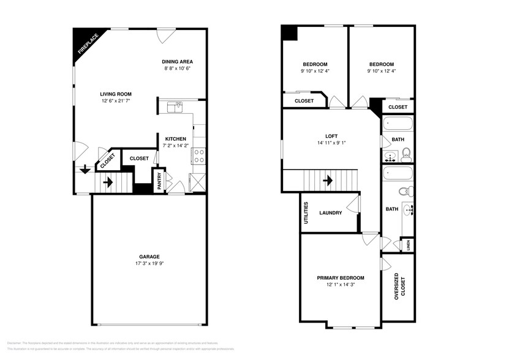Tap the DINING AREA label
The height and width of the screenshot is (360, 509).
click(178, 61)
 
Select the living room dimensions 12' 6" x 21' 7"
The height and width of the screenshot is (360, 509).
click(116, 100)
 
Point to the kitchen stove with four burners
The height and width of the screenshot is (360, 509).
click(199, 156)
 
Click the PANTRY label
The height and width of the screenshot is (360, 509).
click(159, 181)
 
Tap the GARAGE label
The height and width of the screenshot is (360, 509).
click(149, 257)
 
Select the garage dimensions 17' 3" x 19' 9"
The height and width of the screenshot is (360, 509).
click(149, 264)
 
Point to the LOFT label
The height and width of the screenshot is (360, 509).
click(331, 137)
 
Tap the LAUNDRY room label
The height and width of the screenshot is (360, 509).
click(331, 213)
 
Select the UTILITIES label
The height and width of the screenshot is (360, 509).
click(306, 212)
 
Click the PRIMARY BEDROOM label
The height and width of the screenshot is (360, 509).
click(341, 277)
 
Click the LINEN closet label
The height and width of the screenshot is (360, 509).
click(407, 246)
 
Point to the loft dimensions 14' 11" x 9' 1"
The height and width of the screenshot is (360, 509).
click(331, 144)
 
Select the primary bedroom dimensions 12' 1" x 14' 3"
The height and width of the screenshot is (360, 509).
click(341, 285)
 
